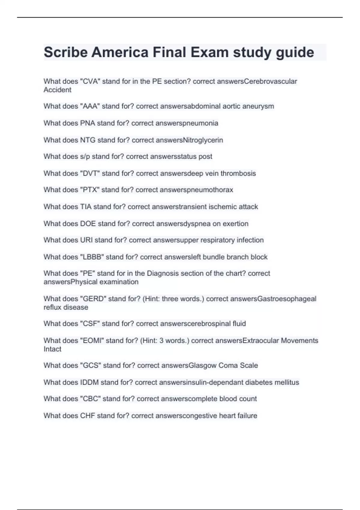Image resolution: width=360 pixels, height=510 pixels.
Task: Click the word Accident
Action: pos(57,90)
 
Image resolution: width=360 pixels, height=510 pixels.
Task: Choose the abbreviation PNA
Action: pos(87,123)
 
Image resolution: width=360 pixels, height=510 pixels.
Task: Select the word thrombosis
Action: pos(238,173)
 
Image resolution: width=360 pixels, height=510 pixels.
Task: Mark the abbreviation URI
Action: pos(86,240)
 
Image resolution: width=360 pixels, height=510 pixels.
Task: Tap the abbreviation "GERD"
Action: pos(93,299)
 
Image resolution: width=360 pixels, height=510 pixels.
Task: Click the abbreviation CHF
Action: pos(87,415)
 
